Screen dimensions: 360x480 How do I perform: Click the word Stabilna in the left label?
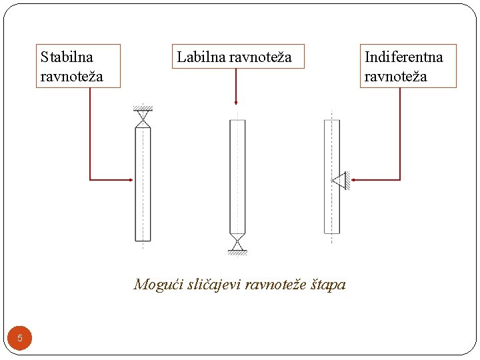[67, 57]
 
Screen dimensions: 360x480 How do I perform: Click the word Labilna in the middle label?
[200, 57]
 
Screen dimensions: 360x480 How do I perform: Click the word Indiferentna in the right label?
[403, 57]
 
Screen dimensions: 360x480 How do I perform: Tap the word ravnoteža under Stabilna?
[72, 76]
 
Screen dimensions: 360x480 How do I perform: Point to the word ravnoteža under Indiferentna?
[395, 76]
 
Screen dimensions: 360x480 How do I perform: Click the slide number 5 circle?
[20, 338]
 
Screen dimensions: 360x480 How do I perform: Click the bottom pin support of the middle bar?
[237, 243]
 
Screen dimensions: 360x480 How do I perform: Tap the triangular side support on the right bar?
[340, 179]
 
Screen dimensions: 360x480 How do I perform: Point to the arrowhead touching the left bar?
[131, 179]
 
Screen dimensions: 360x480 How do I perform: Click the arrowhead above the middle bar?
[236, 102]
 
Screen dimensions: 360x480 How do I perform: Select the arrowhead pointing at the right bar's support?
[354, 179]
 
